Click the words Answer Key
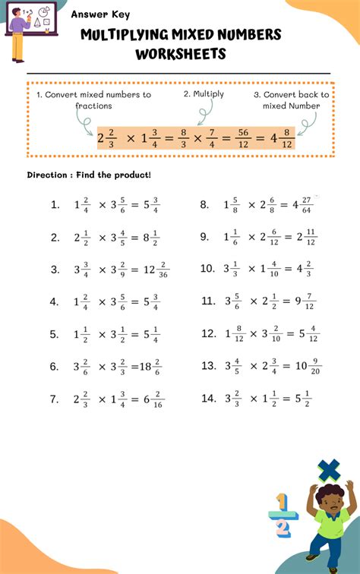100,14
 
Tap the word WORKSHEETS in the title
181,54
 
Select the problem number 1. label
55,205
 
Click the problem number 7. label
55,399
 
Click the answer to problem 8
305,205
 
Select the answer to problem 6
150,367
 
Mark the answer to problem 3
153,270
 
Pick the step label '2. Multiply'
204,94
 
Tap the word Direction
46,175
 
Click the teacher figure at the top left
23,34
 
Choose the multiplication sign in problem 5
103,334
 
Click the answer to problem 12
308,334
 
